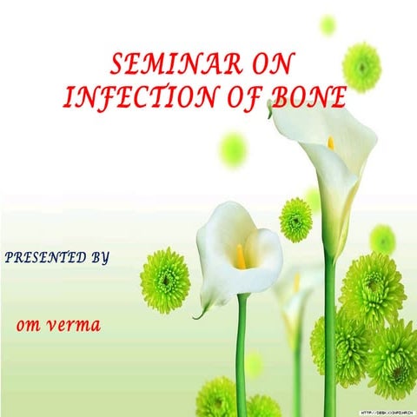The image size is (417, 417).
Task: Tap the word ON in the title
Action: pos(266,63)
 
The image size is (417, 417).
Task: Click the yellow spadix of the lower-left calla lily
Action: pos(240,255)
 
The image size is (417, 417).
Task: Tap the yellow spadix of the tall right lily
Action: pos(331,142)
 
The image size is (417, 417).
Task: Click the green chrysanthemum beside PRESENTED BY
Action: pos(164,280)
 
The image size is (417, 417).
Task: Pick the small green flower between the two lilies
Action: pos(295,219)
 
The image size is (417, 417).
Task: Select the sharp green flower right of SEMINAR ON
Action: pos(361,66)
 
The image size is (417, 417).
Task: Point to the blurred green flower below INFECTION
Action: pos(233,149)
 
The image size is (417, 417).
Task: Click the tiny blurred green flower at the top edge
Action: pos(328,24)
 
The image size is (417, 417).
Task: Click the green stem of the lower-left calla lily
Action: pos(242,356)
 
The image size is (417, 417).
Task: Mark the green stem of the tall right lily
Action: pos(329,330)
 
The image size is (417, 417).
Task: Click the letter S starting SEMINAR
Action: pos(120,63)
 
